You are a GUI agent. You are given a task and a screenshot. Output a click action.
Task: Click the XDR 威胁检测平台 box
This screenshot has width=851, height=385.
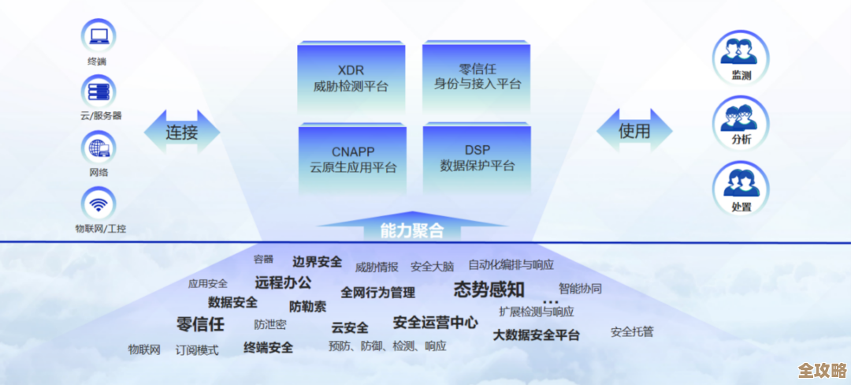pos(351,78)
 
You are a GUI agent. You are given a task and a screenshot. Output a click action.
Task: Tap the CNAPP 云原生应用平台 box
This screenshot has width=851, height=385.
pos(352,159)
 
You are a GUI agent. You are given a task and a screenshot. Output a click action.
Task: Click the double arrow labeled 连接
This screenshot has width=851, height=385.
pos(181,132)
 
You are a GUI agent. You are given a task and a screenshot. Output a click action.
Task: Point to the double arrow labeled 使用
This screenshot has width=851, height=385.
pos(634,131)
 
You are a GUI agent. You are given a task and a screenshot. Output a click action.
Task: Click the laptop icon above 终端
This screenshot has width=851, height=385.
pos(98,36)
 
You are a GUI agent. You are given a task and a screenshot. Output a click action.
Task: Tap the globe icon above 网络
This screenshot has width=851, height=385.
pos(98,148)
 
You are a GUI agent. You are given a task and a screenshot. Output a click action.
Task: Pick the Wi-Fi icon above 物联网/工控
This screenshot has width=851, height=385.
pos(98,204)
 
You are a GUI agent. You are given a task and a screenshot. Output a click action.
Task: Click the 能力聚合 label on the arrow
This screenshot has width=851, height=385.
pos(411,231)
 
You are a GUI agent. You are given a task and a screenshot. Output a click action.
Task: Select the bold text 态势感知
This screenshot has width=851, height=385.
pos(489,290)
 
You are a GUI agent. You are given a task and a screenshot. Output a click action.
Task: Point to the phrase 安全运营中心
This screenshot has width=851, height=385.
pos(435,322)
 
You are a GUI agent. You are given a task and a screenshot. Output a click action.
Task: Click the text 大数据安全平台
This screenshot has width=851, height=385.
pos(537,335)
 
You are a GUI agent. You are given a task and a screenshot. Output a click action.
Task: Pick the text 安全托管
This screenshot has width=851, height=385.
pos(632,331)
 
